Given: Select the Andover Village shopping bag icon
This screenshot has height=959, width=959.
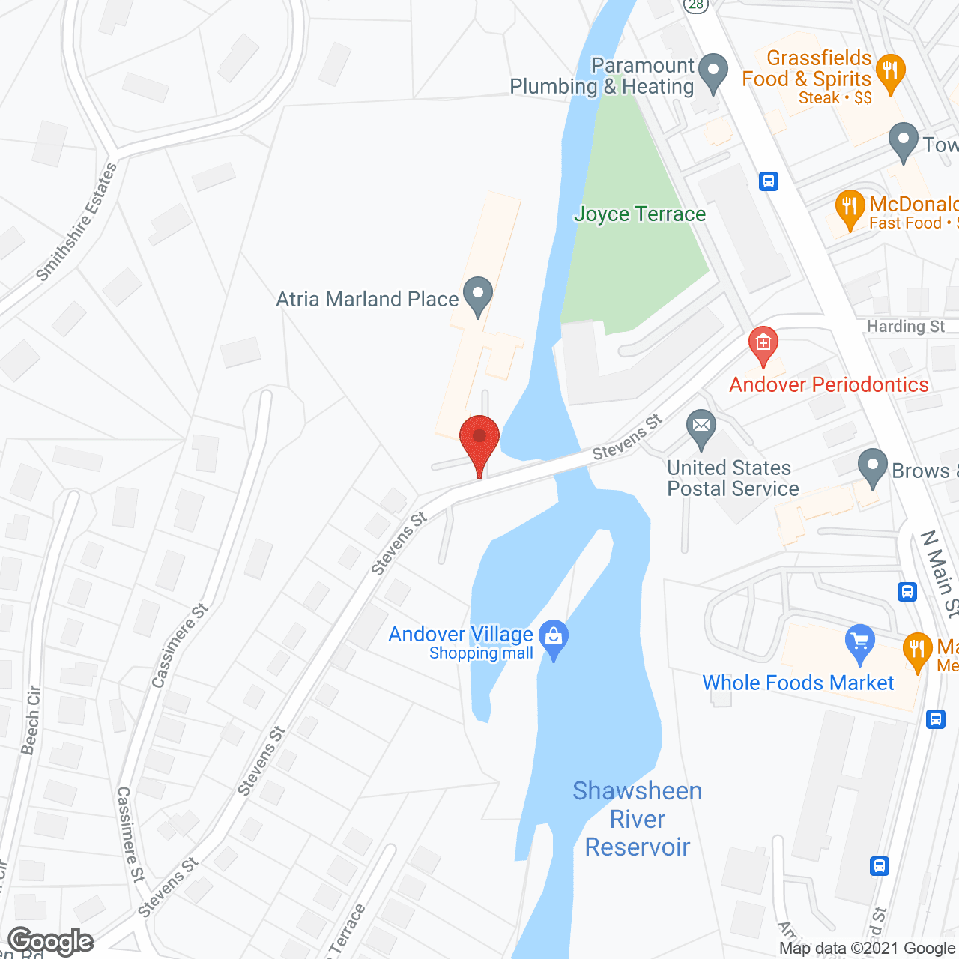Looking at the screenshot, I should pyautogui.click(x=554, y=639).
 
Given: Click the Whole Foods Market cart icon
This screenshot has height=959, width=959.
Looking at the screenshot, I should pyautogui.click(x=859, y=644).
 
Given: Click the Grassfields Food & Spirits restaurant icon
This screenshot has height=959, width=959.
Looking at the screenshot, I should pyautogui.click(x=890, y=73).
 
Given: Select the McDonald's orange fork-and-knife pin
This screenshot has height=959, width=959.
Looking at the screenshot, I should pyautogui.click(x=849, y=209).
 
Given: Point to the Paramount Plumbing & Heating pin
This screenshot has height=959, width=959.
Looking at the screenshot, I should pyautogui.click(x=713, y=73).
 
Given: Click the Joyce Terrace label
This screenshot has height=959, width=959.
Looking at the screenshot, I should pyautogui.click(x=640, y=214).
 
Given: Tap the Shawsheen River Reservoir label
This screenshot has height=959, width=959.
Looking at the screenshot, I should pyautogui.click(x=638, y=819).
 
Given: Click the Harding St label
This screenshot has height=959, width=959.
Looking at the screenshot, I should pyautogui.click(x=905, y=327).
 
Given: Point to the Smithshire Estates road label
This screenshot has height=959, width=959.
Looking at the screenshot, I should pyautogui.click(x=77, y=223).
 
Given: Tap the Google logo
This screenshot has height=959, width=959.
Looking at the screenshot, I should pyautogui.click(x=51, y=941).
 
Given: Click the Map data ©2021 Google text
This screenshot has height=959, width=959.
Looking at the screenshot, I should pyautogui.click(x=868, y=949).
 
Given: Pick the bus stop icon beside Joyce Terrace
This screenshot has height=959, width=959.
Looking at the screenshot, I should pyautogui.click(x=769, y=181).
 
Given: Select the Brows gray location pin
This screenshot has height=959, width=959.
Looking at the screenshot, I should pyautogui.click(x=872, y=468).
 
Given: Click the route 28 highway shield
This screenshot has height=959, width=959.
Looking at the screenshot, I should pyautogui.click(x=696, y=4).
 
